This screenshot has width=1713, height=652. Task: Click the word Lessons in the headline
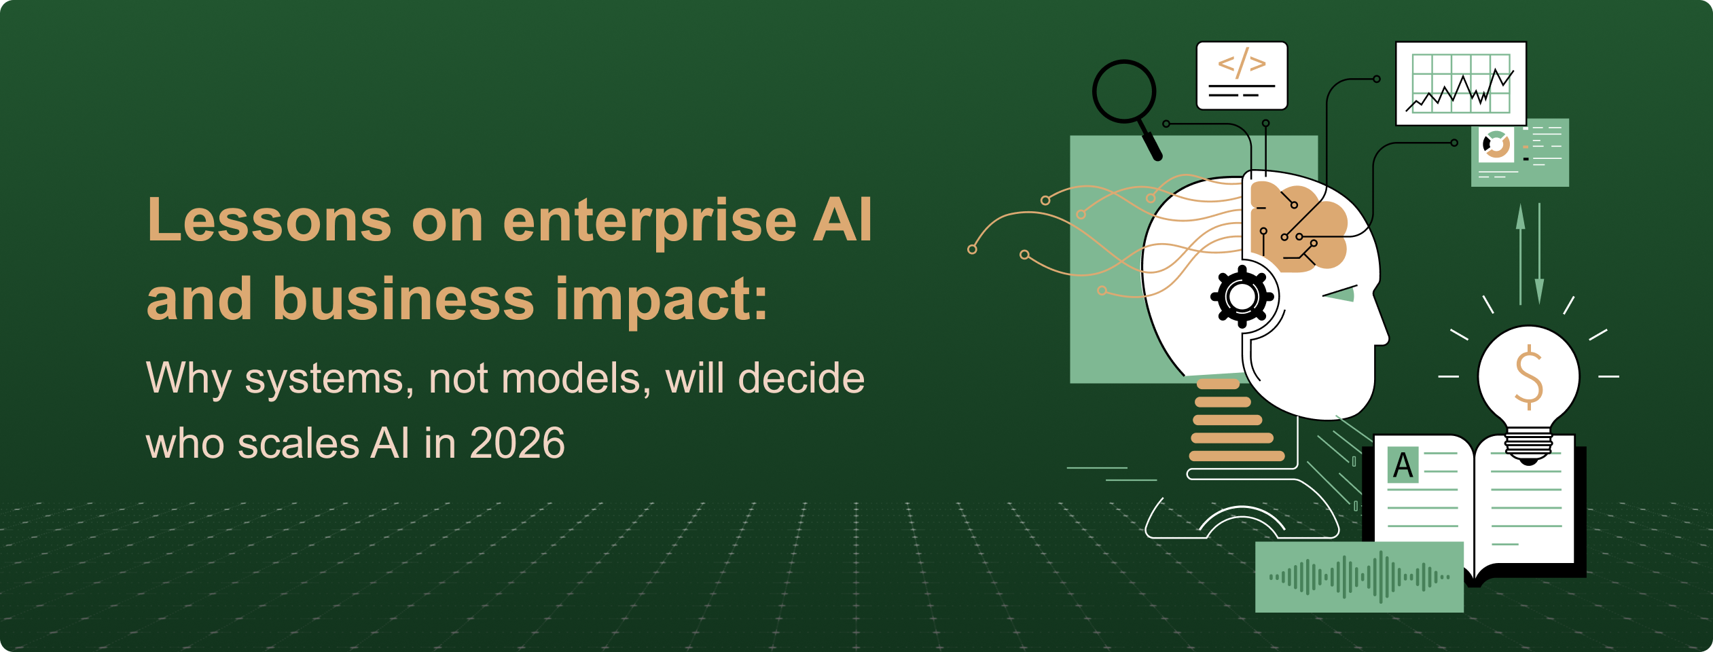(x=269, y=221)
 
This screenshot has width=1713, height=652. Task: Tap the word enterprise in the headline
(x=649, y=221)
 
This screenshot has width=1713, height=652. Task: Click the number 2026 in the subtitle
(x=517, y=443)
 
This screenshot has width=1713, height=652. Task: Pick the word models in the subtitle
(x=571, y=379)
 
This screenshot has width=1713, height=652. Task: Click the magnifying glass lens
(x=1124, y=92)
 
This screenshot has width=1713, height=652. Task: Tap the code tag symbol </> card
(x=1242, y=75)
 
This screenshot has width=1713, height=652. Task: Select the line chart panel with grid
(x=1461, y=84)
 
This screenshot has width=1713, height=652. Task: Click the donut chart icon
(x=1496, y=145)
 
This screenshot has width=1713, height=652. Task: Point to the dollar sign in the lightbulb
(x=1529, y=378)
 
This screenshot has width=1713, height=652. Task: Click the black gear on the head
(x=1242, y=297)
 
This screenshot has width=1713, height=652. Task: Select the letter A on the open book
(x=1403, y=465)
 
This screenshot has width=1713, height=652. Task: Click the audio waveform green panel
(x=1359, y=577)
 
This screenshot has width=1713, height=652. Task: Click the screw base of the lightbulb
(x=1529, y=446)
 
